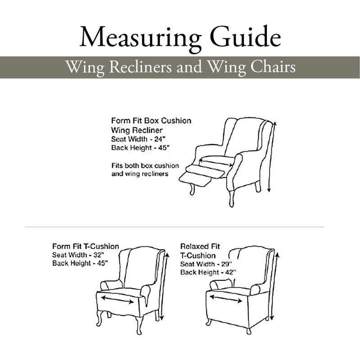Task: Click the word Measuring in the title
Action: tap(140, 38)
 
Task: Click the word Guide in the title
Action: tap(245, 36)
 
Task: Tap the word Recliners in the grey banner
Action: tap(140, 67)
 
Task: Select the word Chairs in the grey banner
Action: tap(273, 67)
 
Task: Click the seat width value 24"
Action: tap(160, 139)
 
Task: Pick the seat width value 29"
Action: tap(227, 264)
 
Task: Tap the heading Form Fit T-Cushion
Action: tap(85, 246)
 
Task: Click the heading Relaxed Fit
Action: tap(200, 246)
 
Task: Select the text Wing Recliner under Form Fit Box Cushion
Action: tap(137, 130)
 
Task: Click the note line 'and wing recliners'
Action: tap(140, 174)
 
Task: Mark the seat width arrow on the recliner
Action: tap(216, 162)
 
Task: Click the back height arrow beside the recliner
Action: tap(272, 157)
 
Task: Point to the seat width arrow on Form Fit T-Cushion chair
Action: tap(117, 300)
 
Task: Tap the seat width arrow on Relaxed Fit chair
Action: tap(226, 299)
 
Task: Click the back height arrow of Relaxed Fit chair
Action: tap(275, 286)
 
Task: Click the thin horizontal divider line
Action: tap(175, 227)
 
